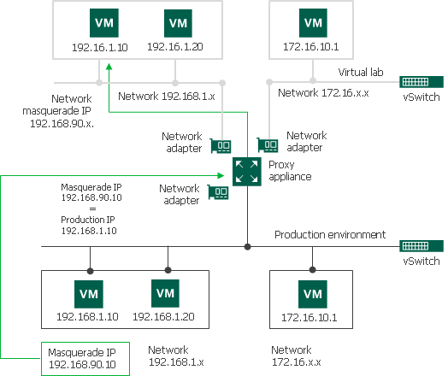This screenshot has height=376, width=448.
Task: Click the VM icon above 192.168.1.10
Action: click(90, 292)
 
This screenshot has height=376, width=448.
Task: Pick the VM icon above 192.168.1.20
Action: click(165, 293)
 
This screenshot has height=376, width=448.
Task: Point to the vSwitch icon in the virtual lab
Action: click(421, 83)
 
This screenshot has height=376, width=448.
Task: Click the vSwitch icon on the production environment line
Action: click(421, 246)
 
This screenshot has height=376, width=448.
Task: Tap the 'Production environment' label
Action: click(330, 234)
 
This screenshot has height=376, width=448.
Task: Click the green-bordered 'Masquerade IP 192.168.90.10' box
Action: click(84, 358)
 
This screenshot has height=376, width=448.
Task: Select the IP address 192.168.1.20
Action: click(164, 316)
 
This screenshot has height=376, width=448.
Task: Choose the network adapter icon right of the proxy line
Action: click(268, 145)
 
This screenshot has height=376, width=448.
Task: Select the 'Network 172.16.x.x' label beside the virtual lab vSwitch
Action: click(324, 92)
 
